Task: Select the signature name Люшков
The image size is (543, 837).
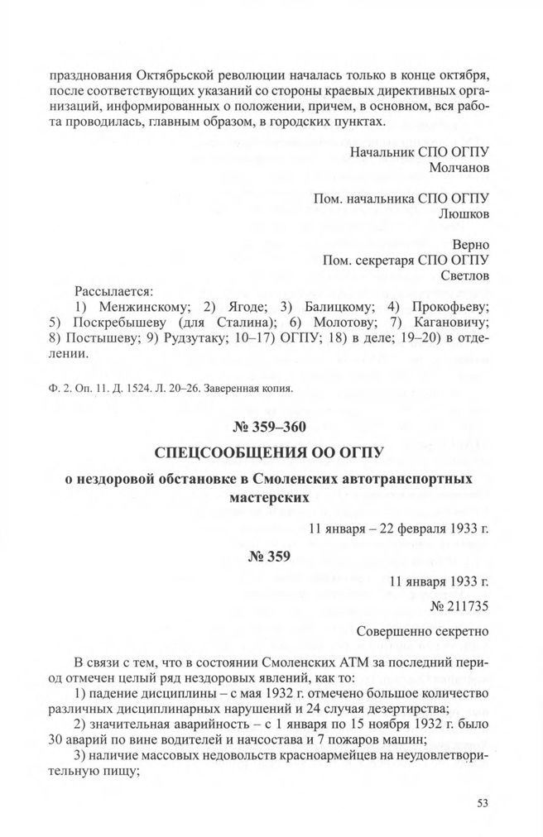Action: [x=464, y=213]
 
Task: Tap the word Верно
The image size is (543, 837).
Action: [x=471, y=245]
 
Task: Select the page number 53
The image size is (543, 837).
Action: [x=484, y=801]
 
